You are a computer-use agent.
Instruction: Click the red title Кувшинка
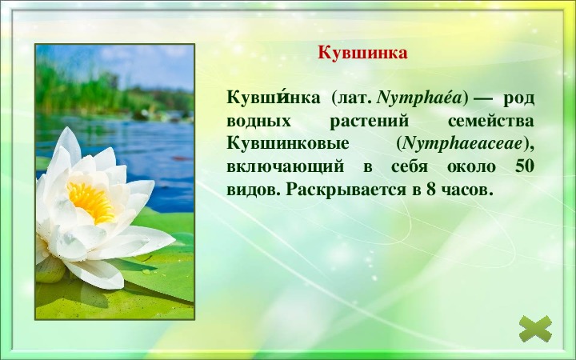coord(362,53)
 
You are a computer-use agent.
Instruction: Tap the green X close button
coord(535,329)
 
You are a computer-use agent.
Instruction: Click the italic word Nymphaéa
coord(419,98)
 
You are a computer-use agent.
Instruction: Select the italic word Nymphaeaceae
coord(462,144)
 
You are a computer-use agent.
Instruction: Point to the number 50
coord(525,166)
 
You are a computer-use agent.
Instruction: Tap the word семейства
coord(491,122)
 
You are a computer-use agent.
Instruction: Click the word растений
coord(369,122)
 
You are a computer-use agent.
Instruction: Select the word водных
coord(258,122)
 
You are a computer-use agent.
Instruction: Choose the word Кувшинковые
coord(288,144)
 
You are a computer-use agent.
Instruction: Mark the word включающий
coord(286,167)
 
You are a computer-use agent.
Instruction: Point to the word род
coord(518,99)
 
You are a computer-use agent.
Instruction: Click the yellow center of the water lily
coord(91,202)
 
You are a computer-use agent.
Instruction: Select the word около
coord(471,167)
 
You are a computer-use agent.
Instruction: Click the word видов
coord(254,190)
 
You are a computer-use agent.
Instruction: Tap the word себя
coord(410,166)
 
